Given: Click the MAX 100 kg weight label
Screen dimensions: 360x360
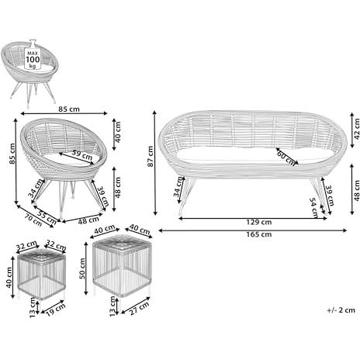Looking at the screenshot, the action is point(33,60).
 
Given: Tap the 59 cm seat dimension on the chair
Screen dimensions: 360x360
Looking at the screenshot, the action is point(81,154).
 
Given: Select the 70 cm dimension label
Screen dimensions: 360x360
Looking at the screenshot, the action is point(33,220).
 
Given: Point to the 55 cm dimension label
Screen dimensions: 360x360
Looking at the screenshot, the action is point(47,217).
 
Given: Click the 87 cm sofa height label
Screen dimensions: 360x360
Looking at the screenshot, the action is point(151,157).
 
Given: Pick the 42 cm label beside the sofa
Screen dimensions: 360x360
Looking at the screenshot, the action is point(356,130).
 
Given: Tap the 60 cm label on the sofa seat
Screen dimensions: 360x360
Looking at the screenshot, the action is point(286,158).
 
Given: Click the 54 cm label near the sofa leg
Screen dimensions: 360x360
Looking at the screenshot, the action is point(314,208).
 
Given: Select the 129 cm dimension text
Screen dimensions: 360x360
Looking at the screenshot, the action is point(259,222).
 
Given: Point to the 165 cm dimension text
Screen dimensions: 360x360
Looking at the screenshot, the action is point(259,234).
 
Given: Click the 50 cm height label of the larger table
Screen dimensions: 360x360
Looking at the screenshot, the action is point(82,268).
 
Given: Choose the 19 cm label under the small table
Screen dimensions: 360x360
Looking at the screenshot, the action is point(56,310).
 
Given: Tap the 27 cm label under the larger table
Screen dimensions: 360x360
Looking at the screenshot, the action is point(140,308).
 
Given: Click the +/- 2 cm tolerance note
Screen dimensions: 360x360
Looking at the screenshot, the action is point(341,310).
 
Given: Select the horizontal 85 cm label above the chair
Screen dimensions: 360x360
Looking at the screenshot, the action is point(69,109).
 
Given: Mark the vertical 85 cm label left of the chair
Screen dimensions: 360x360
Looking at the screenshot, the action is point(12,154).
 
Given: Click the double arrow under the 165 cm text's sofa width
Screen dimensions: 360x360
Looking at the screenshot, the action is point(252,230).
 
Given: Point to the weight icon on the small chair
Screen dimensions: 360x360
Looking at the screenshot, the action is point(33,55).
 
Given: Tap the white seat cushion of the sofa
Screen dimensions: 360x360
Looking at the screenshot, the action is point(254,156).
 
